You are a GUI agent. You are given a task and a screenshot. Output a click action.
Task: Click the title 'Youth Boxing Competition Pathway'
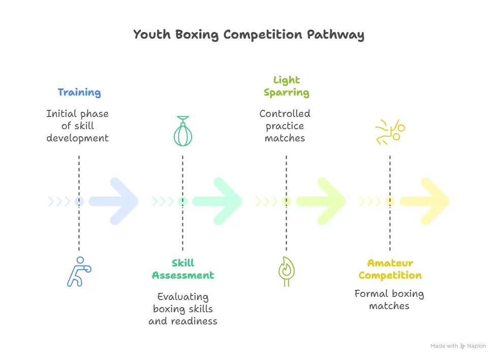[x=248, y=35]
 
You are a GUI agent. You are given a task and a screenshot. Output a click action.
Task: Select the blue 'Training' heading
[x=79, y=92]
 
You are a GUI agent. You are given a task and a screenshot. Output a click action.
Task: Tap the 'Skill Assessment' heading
[x=183, y=269]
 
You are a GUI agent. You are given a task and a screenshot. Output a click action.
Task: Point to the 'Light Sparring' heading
[x=287, y=86]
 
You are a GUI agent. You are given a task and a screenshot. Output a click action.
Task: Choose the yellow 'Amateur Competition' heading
[x=390, y=269]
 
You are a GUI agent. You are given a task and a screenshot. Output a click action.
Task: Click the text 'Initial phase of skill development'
[x=77, y=126]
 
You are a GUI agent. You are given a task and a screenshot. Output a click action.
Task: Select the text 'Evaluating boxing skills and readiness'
[x=183, y=309]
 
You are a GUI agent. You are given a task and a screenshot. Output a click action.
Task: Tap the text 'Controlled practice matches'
[x=285, y=126]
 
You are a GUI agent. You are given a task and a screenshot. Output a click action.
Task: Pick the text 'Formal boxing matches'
[x=389, y=299]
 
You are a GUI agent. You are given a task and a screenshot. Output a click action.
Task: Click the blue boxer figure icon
[x=79, y=272]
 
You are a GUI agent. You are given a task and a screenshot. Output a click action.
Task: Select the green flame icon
[x=286, y=272]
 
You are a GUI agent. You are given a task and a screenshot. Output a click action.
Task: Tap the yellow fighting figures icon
[x=390, y=132]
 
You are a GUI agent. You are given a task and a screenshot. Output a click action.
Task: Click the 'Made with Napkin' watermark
[x=458, y=346]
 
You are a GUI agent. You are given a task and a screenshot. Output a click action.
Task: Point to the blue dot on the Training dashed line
[x=79, y=201]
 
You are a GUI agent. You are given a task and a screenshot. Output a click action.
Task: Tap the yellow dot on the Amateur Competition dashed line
[x=390, y=201]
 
